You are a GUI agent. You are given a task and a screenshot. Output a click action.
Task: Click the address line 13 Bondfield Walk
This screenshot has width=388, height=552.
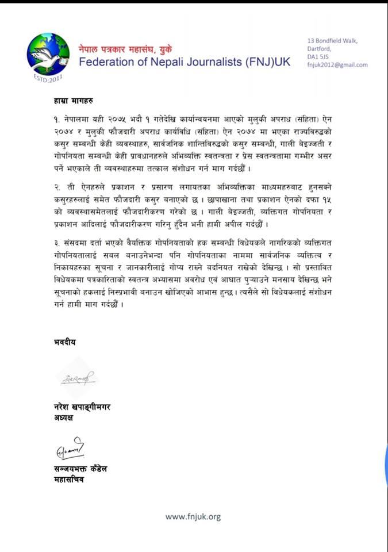tap(332, 40)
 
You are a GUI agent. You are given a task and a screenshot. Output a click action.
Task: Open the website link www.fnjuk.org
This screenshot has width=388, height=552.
tap(193, 517)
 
